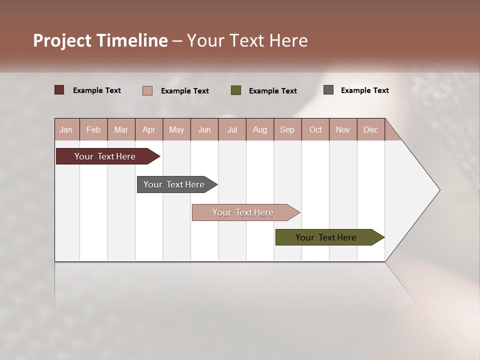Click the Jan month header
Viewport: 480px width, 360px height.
click(x=66, y=129)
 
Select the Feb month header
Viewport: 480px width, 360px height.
click(x=93, y=129)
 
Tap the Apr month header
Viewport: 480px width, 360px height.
click(x=148, y=129)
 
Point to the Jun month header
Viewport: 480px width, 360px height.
click(x=204, y=129)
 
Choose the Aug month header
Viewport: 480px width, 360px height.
click(x=259, y=129)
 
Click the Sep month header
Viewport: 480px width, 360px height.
click(x=287, y=129)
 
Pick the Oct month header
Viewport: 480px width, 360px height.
click(x=315, y=129)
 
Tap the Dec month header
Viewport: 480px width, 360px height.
click(x=370, y=129)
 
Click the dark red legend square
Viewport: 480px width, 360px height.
click(x=59, y=90)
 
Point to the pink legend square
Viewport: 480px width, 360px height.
click(x=147, y=90)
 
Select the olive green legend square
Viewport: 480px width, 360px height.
click(x=236, y=90)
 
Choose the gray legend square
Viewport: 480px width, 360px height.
click(x=328, y=90)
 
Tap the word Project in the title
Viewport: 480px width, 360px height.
click(x=62, y=40)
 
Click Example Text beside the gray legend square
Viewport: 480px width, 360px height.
click(x=364, y=90)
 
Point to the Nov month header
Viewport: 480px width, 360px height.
click(x=343, y=129)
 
